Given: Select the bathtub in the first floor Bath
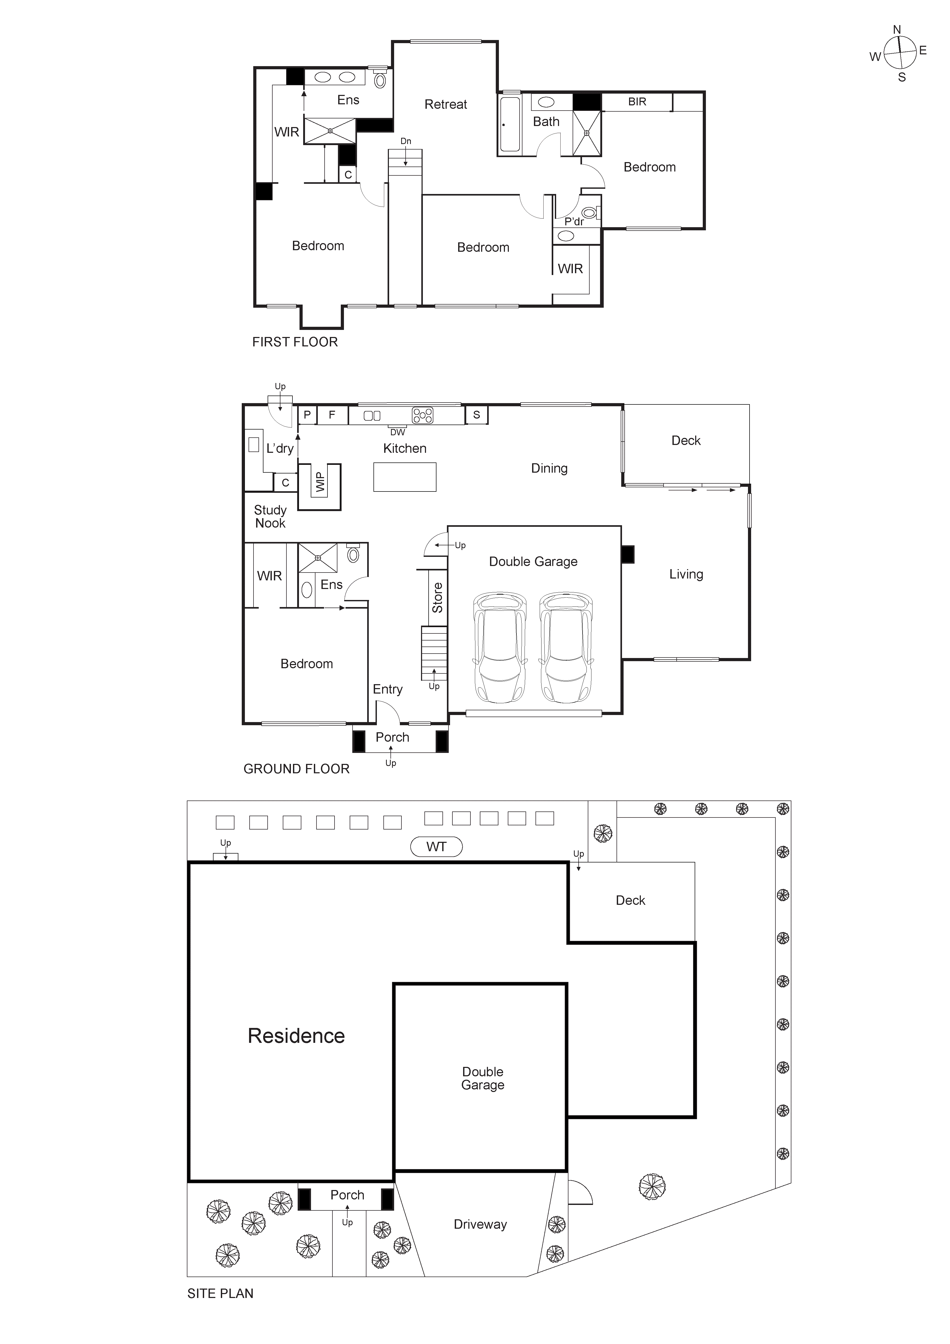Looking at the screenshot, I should tap(510, 124).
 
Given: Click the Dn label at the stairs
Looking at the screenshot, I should tap(406, 141).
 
